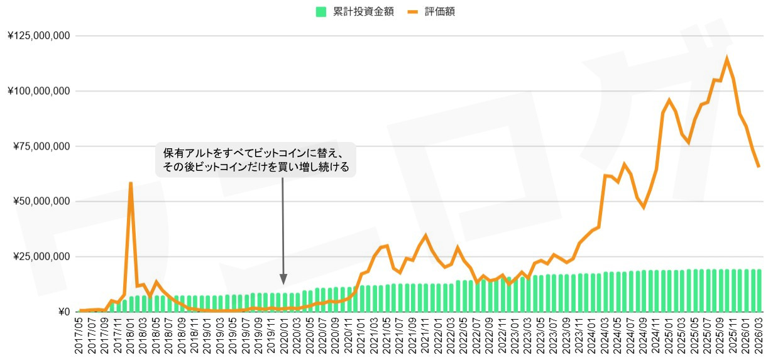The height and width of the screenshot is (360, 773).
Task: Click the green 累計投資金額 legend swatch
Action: [x=321, y=12]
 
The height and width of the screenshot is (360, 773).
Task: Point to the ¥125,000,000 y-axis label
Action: [x=40, y=36]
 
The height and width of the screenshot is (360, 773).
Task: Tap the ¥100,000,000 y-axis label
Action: [x=40, y=91]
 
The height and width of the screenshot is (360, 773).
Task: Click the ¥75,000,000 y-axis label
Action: [x=42, y=146]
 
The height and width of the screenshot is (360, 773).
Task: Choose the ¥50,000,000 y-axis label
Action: [x=42, y=202]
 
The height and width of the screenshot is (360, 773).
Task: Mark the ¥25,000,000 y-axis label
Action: [x=42, y=257]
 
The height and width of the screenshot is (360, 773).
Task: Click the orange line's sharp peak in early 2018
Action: [x=131, y=183]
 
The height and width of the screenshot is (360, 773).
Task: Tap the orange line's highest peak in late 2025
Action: [x=727, y=59]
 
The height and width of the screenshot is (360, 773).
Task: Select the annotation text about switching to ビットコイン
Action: [x=256, y=160]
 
